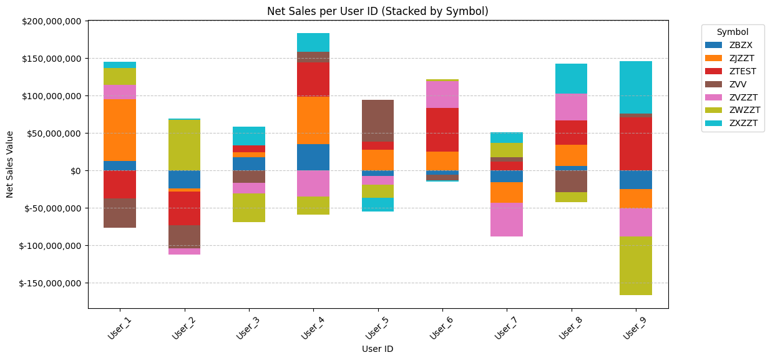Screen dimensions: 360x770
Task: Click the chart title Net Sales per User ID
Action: [x=378, y=11]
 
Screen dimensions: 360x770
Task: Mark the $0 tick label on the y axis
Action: [x=76, y=171]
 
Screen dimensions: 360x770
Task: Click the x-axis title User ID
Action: [x=378, y=349]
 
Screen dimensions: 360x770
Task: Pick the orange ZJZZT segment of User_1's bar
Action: [x=120, y=130]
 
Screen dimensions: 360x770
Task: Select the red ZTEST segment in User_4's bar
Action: [x=313, y=79]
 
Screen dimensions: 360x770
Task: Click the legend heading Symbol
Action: [x=732, y=32]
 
